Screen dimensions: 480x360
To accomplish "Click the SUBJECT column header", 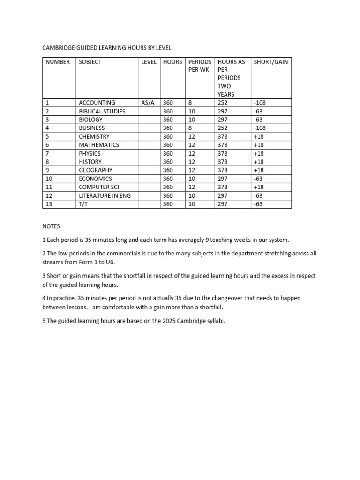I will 90,62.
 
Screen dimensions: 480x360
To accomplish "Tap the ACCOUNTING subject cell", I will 97,103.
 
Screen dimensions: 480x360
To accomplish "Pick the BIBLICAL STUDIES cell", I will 102,111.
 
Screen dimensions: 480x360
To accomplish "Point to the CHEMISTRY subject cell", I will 94,136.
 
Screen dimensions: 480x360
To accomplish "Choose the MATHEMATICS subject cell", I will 99,145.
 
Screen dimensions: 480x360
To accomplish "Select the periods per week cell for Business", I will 190,128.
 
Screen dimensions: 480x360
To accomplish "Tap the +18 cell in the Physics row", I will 258,153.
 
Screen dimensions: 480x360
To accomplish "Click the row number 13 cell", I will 49,204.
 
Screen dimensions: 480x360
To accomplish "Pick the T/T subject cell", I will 83,204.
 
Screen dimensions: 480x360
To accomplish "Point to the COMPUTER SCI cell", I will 99,187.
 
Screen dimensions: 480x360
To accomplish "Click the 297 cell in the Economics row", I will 223,179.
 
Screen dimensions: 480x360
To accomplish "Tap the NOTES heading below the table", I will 51,226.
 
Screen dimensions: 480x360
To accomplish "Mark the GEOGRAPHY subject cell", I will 96,170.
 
